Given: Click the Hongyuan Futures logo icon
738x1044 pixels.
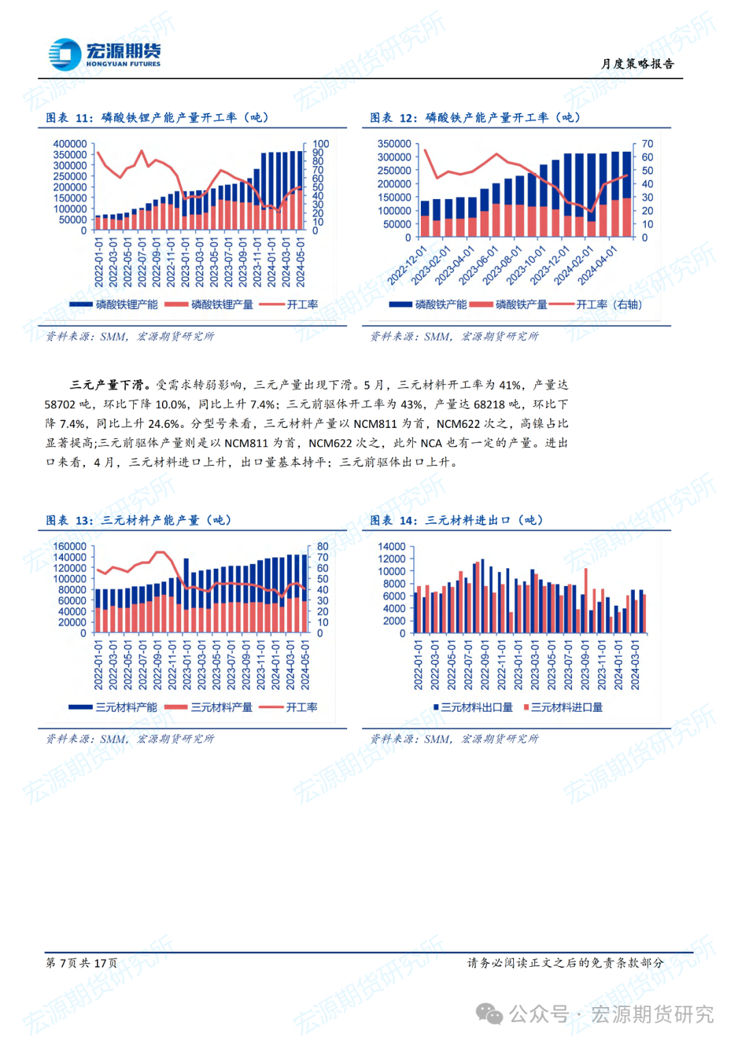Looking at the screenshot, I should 65,54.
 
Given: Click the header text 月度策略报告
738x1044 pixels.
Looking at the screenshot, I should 638,64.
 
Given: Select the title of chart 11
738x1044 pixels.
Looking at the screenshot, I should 157,118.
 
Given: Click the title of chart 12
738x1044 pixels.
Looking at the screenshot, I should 476,118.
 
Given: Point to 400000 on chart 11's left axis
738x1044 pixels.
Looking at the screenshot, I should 70,144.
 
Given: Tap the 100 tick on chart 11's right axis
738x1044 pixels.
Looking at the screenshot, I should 320,144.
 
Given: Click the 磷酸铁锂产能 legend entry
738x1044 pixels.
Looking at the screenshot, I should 126,305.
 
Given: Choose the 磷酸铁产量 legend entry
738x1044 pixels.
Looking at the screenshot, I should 521,305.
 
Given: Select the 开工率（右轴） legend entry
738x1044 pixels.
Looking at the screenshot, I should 609,305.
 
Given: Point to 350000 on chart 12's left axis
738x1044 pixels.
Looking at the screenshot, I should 394,144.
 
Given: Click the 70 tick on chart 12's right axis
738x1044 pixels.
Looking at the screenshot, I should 647,144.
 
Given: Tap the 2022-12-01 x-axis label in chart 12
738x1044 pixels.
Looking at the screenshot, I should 407,265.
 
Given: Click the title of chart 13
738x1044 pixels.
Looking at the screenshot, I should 139,520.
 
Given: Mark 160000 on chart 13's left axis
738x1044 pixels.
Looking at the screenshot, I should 70,546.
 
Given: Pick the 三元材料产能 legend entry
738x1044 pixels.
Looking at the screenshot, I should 126,708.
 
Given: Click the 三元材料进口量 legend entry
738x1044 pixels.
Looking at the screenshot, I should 566,708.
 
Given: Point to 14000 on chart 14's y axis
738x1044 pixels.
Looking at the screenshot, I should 392,546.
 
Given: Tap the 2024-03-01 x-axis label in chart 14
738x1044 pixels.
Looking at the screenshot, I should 635,665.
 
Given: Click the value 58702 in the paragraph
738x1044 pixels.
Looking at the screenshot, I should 60,405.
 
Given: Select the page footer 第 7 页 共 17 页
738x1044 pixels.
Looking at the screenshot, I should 81,963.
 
